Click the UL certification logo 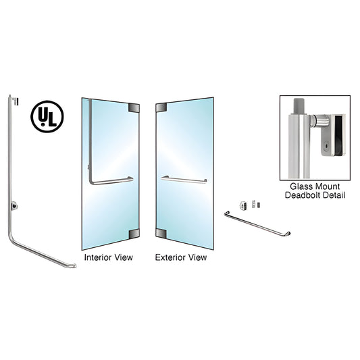point(47,116)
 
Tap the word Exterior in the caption point(168,257)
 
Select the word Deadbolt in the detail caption point(303,195)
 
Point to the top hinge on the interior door point(134,108)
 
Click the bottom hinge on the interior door point(134,234)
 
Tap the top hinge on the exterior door point(161,107)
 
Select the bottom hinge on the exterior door point(161,233)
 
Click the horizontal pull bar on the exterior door point(184,180)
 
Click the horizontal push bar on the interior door point(112,182)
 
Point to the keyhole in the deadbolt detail point(327,146)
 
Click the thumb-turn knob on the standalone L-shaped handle point(14,206)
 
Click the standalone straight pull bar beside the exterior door point(257,224)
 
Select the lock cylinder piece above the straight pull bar point(243,205)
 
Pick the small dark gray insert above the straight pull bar point(259,205)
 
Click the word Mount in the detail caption point(326,186)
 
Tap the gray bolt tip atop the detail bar point(299,107)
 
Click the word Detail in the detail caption point(334,195)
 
